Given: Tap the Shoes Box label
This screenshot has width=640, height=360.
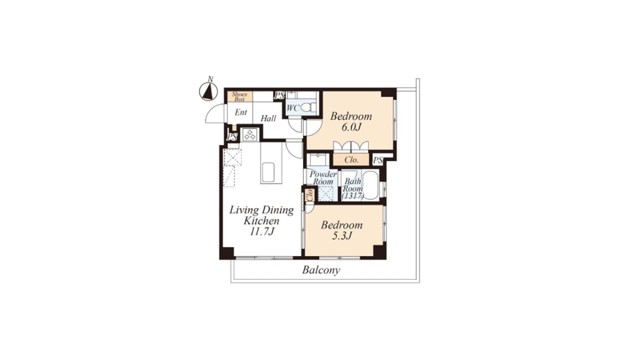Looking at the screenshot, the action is (x=239, y=97).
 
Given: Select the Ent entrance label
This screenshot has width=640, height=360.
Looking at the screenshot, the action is (x=241, y=113).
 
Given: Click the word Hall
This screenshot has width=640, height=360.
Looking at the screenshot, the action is (x=269, y=118).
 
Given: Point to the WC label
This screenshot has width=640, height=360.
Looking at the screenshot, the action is (x=293, y=108).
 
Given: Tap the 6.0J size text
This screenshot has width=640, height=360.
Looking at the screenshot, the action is (x=351, y=127).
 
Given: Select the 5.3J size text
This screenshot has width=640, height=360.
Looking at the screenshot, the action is (x=341, y=236).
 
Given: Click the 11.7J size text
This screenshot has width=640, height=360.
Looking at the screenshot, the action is (x=262, y=231).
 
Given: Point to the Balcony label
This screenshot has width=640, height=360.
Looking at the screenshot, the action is (x=321, y=270).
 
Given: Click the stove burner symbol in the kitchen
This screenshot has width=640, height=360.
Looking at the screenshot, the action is (x=250, y=134).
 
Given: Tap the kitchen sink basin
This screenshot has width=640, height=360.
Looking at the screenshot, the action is (x=268, y=172).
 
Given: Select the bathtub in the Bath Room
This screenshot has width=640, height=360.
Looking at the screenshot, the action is (x=371, y=186).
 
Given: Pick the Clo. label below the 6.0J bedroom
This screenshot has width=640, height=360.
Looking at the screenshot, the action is (x=351, y=159).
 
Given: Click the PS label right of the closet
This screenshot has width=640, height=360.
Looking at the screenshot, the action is (x=378, y=161).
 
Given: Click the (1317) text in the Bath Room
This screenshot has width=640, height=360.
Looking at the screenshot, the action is (x=353, y=196).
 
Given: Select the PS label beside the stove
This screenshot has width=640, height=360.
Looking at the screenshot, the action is (x=232, y=137).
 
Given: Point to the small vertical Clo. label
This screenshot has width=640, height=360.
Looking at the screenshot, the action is (x=310, y=195).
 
